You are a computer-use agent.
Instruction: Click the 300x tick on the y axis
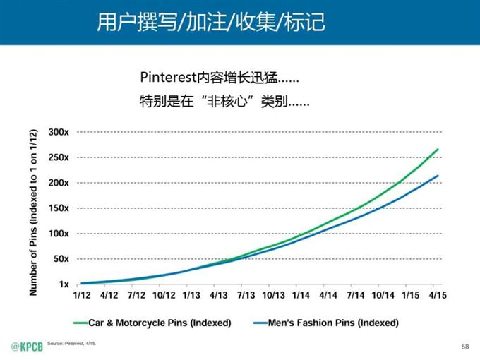(59, 132)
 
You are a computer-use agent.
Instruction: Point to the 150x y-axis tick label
(59, 208)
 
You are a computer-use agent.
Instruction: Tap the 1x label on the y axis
(63, 284)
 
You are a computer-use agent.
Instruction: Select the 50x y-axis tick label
(61, 259)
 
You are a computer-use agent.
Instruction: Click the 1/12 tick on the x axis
(82, 296)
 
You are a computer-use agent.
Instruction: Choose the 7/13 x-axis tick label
(246, 296)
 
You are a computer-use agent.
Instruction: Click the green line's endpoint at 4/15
(438, 149)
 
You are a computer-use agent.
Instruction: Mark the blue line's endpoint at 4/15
(438, 176)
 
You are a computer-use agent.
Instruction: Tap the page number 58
(464, 346)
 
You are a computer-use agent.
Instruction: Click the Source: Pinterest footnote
(76, 343)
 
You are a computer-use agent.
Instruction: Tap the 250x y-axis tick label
(59, 157)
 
